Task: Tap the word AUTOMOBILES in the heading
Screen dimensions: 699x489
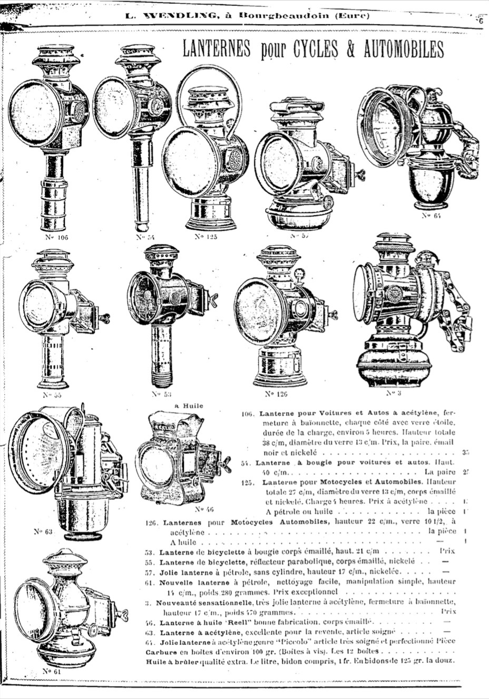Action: (x=403, y=50)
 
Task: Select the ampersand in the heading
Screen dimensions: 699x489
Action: (x=350, y=50)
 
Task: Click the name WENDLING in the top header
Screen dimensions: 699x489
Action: (x=174, y=15)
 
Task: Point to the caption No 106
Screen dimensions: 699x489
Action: (x=56, y=237)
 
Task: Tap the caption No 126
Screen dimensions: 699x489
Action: (x=276, y=393)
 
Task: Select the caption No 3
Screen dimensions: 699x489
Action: (x=391, y=392)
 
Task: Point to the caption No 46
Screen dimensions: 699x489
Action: (x=202, y=509)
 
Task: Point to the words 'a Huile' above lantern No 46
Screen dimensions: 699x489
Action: (x=188, y=406)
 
